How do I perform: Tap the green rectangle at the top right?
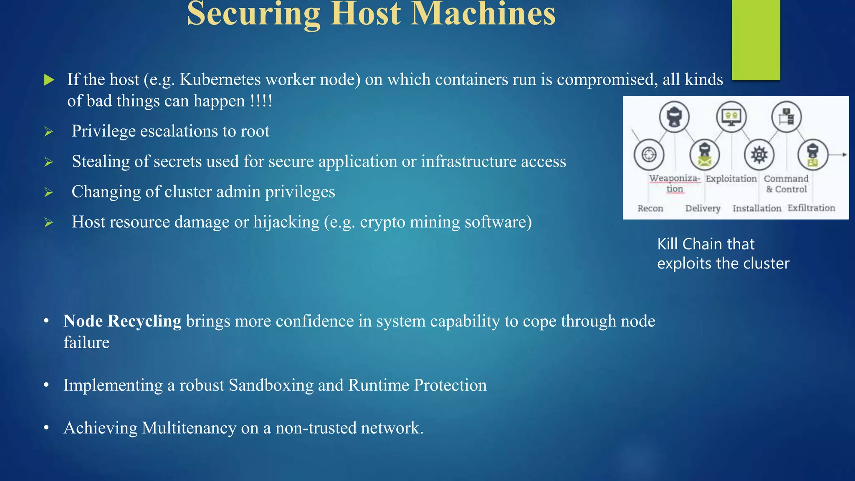(756, 40)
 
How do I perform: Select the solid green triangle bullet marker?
(49, 80)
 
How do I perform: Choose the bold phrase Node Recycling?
(122, 321)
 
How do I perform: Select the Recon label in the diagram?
(650, 208)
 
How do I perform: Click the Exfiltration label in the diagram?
(811, 208)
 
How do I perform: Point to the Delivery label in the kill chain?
(703, 208)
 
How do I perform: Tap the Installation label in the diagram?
(757, 208)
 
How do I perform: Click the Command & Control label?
(786, 184)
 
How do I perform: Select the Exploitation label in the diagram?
(731, 179)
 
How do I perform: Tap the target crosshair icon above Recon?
(649, 154)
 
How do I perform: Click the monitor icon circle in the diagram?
(731, 116)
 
